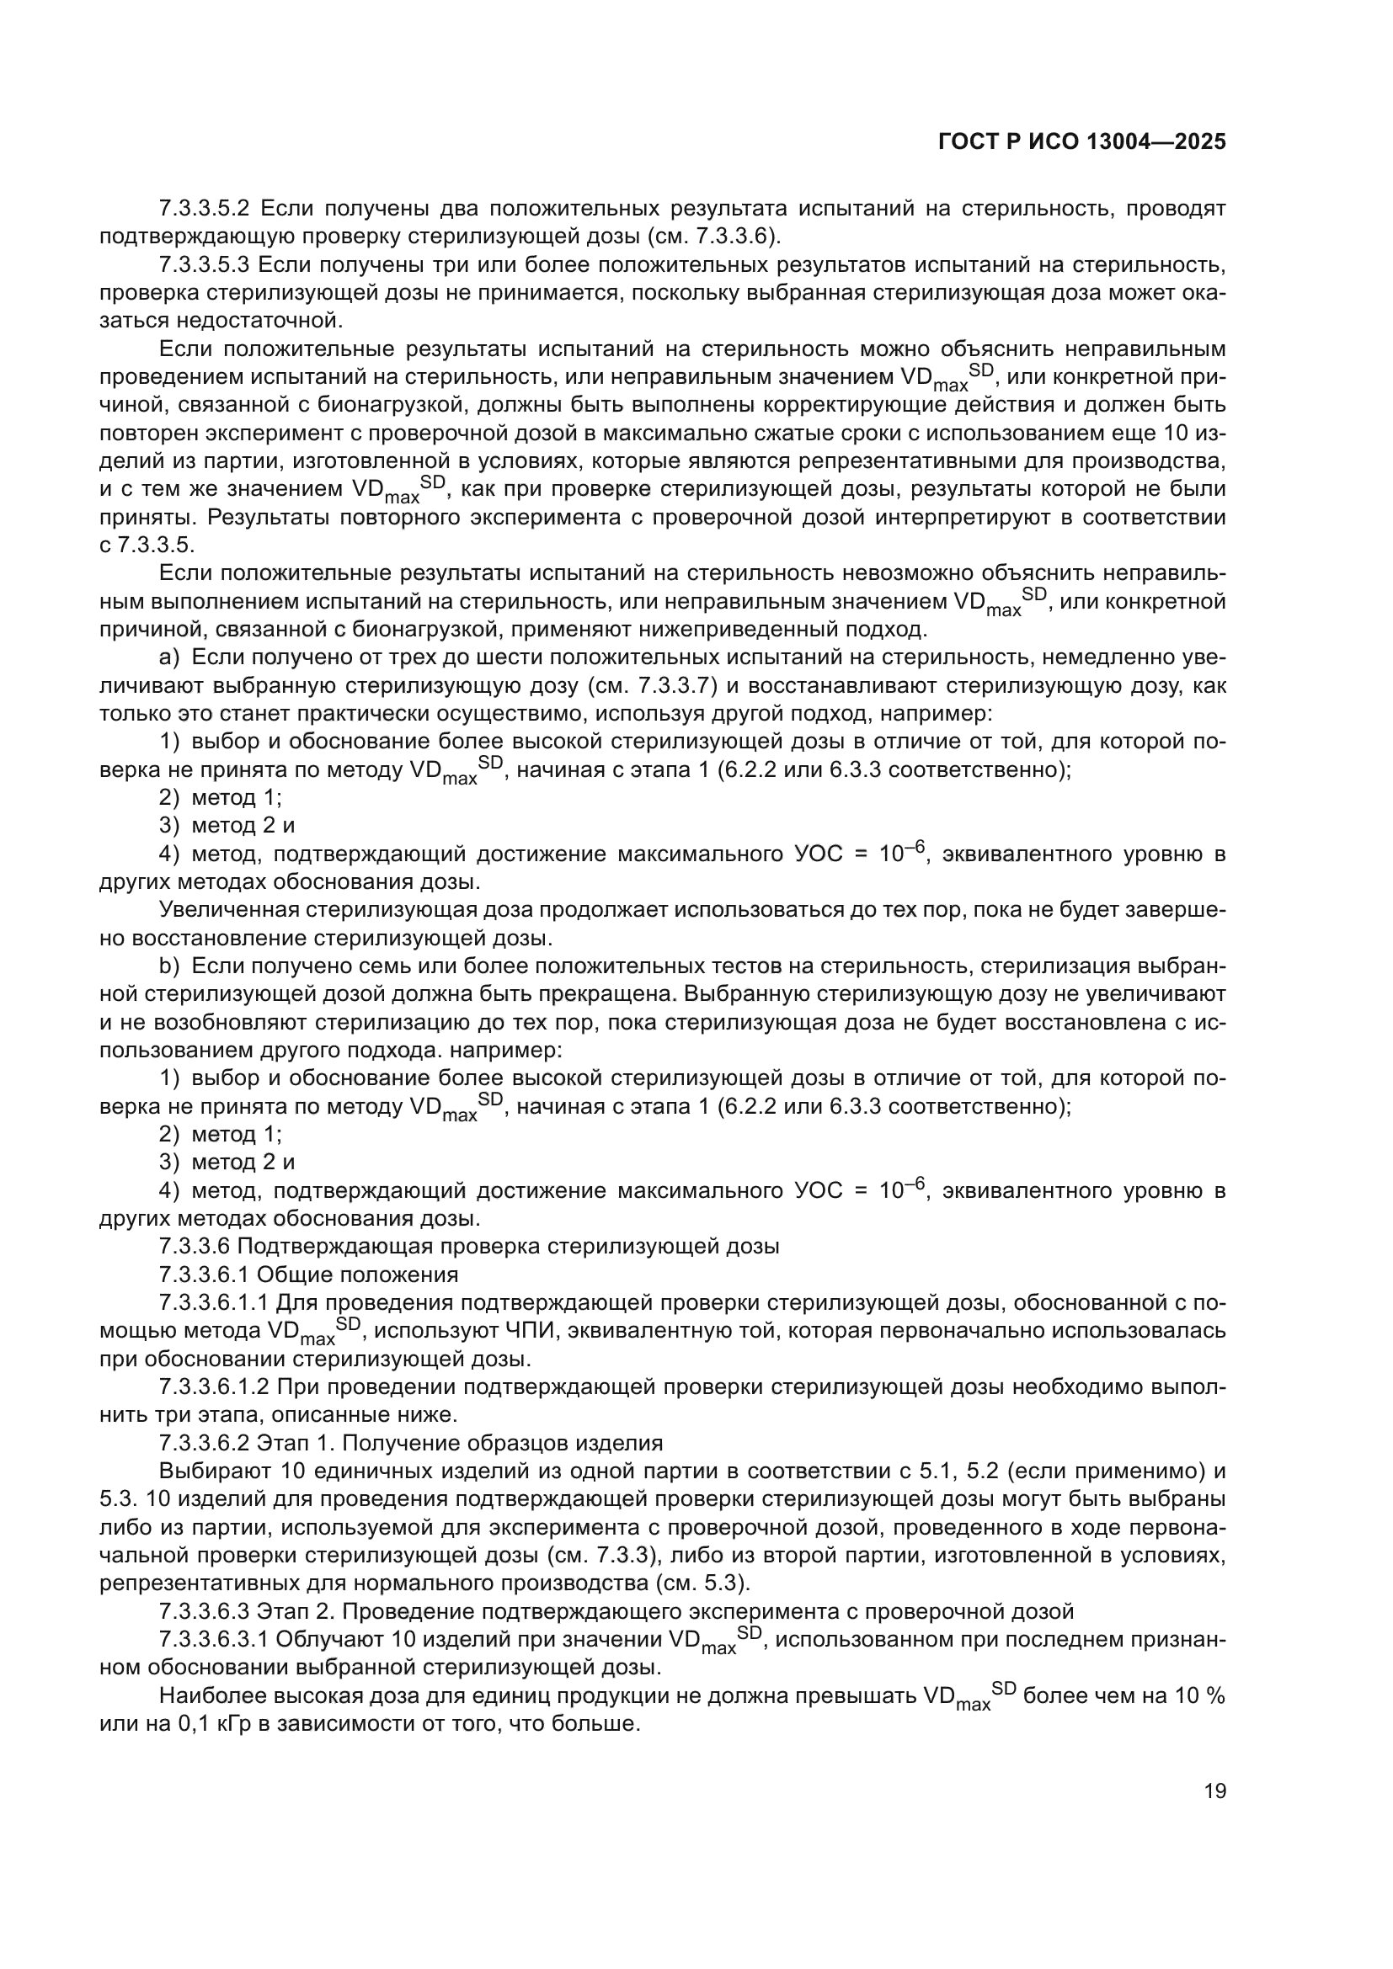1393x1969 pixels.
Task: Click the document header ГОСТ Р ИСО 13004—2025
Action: coord(1081,142)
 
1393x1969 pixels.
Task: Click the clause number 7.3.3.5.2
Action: coord(203,209)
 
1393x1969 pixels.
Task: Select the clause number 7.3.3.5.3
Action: coord(203,264)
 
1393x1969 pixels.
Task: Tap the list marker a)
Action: coord(169,657)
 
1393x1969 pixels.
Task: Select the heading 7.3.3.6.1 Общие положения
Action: coord(309,1275)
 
